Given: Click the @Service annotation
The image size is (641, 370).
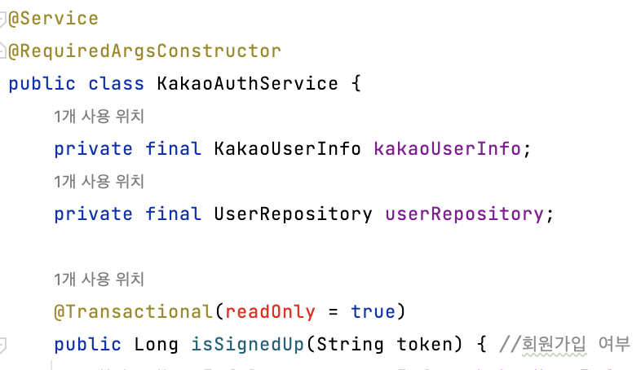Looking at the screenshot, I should click(x=53, y=18).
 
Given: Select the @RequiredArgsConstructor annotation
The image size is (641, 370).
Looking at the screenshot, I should click(x=144, y=51).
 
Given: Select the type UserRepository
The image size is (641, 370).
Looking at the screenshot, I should click(x=293, y=214).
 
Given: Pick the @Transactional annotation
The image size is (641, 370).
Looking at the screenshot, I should click(x=132, y=311).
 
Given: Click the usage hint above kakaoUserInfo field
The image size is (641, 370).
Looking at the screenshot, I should click(x=99, y=117).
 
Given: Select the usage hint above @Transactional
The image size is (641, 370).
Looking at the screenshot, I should click(x=99, y=280).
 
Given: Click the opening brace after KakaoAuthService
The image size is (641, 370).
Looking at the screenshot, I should click(x=355, y=83).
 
